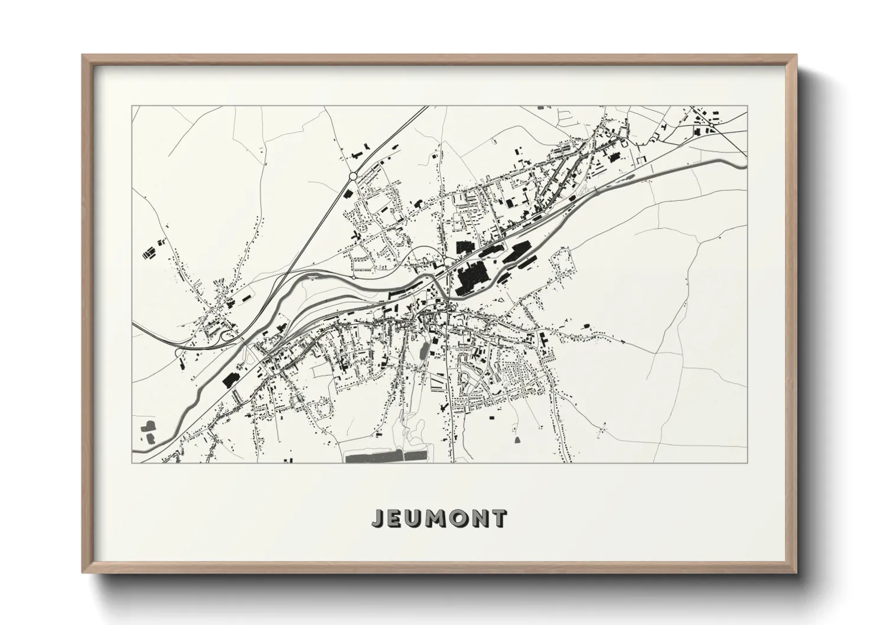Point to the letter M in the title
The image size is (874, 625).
coord(439,518)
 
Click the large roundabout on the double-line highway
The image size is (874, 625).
coord(353,175)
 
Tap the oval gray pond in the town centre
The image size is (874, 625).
coord(423,352)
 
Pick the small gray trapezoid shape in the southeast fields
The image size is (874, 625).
coord(518,439)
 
